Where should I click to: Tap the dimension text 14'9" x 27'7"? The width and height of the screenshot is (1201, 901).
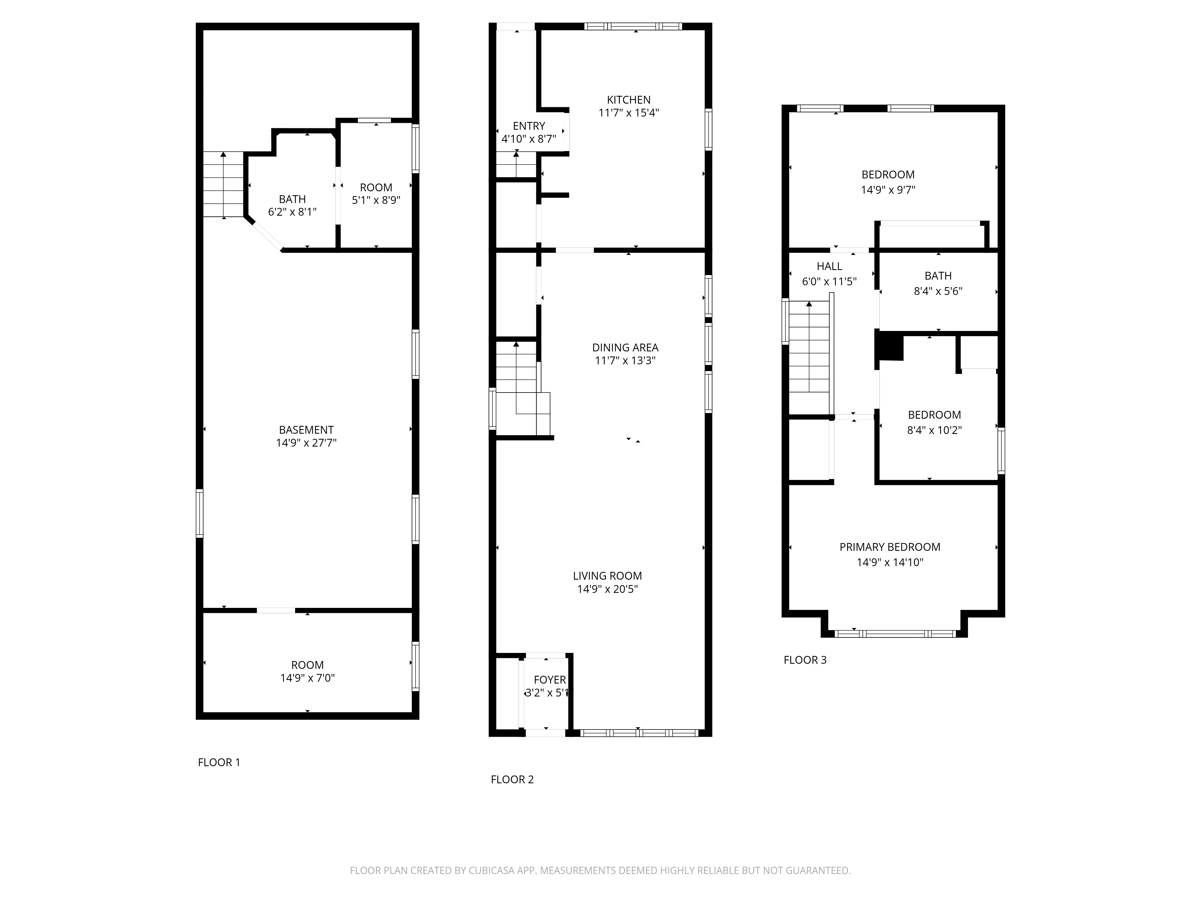click(x=306, y=443)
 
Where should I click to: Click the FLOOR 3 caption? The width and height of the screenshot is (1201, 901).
click(x=805, y=660)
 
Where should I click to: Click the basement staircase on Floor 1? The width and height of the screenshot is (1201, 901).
click(x=223, y=185)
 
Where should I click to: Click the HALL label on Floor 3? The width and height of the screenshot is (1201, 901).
click(x=829, y=266)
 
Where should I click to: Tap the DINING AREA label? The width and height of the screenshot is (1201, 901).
click(x=625, y=347)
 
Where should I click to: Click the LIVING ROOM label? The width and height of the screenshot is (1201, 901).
click(x=607, y=576)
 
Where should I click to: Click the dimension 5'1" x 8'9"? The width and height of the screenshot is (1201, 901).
click(x=376, y=200)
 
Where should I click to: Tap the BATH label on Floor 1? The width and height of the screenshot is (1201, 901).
click(x=292, y=199)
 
